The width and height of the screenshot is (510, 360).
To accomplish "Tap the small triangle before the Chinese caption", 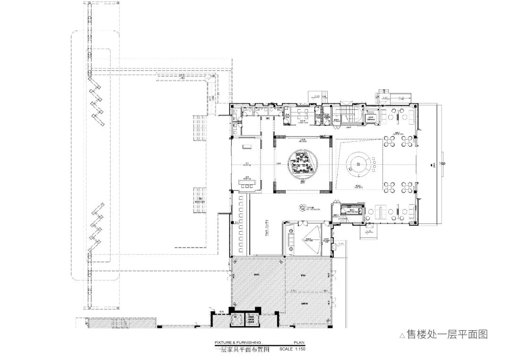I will pyautogui.click(x=402, y=336).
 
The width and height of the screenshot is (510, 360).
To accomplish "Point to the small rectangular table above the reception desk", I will pyautogui.click(x=246, y=148).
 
